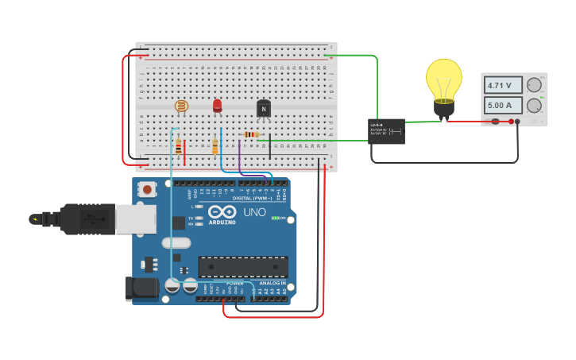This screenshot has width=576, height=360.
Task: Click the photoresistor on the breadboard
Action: click(181, 106)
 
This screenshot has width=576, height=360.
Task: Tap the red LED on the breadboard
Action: click(218, 105)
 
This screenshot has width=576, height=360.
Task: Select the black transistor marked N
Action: click(264, 109)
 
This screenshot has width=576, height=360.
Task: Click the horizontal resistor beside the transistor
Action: click(251, 134)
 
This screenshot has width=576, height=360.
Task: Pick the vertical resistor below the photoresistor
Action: click(179, 147)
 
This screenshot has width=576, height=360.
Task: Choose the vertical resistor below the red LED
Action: click(215, 146)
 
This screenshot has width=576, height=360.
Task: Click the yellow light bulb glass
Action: click(443, 79)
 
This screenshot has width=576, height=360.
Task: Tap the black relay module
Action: click(386, 131)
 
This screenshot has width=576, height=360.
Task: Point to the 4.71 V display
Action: click(503, 85)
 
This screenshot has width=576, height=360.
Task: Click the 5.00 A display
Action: click(503, 105)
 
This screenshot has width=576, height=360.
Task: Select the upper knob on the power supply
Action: click(535, 84)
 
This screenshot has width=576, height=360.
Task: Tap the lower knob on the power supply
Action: click(535, 105)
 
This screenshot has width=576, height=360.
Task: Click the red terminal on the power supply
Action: click(495, 122)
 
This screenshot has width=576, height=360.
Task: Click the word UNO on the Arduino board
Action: click(254, 212)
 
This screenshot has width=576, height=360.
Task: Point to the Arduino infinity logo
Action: click(222, 211)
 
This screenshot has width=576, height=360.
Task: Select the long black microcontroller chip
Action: click(242, 267)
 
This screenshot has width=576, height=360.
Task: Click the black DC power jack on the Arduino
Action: click(141, 288)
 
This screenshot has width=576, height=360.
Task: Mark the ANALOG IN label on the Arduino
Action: click(272, 283)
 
